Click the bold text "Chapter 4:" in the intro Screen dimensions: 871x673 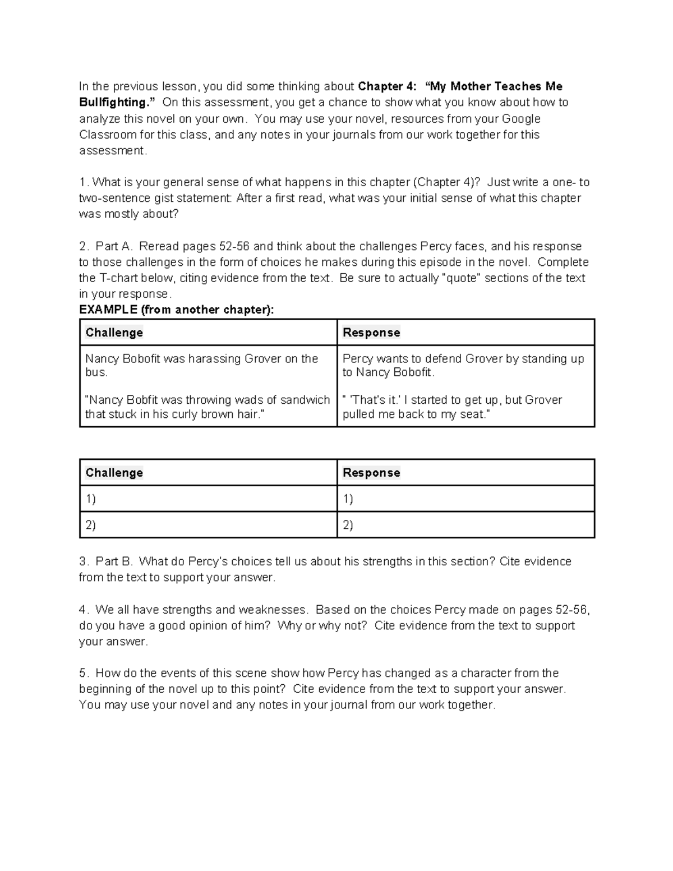pyautogui.click(x=387, y=86)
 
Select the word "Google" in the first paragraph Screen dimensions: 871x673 pyautogui.click(x=521, y=119)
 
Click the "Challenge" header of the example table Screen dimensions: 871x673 pyautogui.click(x=114, y=333)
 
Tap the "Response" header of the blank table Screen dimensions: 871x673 pyautogui.click(x=371, y=473)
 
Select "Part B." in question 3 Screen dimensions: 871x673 pyautogui.click(x=113, y=561)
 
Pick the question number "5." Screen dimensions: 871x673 pyautogui.click(x=84, y=673)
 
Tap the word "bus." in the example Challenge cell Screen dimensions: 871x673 pyautogui.click(x=96, y=372)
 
